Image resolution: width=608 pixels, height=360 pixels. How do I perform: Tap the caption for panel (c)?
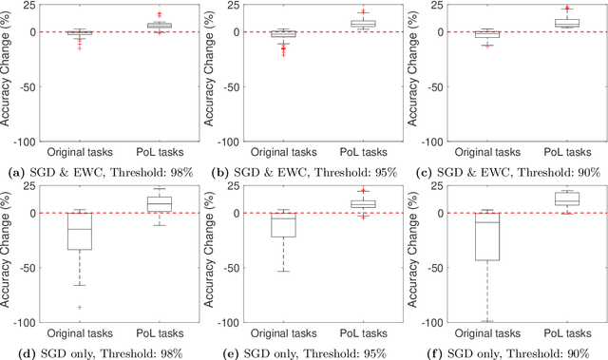[508, 171]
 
